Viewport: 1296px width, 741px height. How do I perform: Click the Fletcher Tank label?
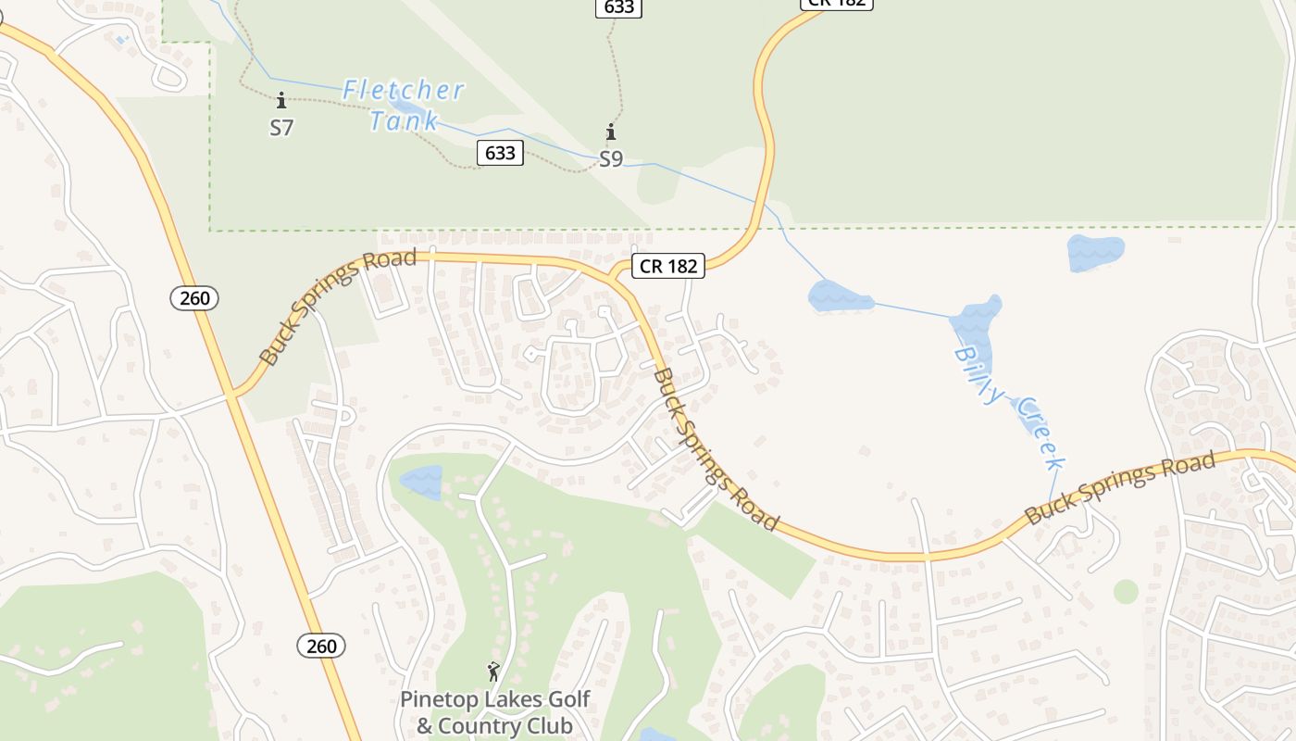point(403,105)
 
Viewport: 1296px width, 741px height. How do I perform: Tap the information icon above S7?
point(281,100)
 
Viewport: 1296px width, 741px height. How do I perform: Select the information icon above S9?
point(611,132)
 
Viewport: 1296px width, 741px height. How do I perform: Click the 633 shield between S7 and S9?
point(500,152)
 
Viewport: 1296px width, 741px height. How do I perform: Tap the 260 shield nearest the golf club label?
point(321,646)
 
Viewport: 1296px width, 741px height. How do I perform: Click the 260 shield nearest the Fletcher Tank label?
point(194,298)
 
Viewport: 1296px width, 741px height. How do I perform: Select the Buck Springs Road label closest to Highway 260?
point(337,306)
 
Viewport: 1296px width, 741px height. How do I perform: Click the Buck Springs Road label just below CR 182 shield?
point(715,448)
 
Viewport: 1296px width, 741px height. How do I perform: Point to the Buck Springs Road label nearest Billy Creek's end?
point(1120,489)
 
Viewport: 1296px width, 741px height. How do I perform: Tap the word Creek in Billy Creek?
point(1041,433)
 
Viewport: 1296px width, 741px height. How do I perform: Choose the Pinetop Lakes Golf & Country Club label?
point(494,712)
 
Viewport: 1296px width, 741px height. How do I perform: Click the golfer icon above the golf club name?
point(493,672)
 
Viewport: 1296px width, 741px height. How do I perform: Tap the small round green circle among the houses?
point(1126,591)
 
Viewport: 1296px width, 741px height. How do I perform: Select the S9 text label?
point(611,159)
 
